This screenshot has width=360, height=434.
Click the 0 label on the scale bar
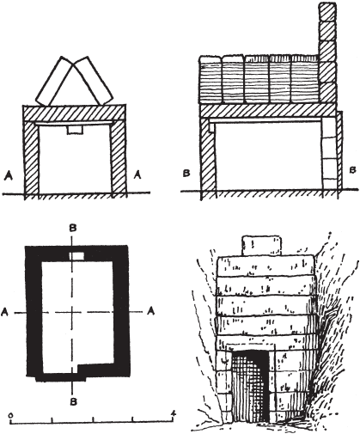coord(10,414)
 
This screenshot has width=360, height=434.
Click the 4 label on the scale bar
coord(173,413)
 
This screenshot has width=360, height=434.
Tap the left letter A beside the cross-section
coord(9,175)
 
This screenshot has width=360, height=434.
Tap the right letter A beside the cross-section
coord(137,174)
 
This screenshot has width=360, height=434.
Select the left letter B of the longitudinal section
coord(186,174)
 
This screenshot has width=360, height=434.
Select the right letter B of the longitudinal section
coord(353,170)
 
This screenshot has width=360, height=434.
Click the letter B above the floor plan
coord(73,228)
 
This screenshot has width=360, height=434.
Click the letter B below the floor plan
coord(74,402)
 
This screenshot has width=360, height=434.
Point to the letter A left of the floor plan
coord(4,312)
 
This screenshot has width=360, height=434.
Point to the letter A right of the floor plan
coord(151,310)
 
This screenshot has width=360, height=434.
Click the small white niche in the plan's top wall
coord(76,256)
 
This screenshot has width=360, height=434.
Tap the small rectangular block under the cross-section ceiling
coord(75,130)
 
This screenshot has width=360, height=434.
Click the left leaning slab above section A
coord(54,81)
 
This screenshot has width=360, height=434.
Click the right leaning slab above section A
coord(93,81)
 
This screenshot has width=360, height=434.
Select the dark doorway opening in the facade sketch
coord(250,386)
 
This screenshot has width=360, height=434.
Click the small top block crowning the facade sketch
coord(262,245)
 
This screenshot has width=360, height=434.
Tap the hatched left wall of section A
coord(31,158)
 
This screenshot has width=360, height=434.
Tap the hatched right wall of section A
coord(119,158)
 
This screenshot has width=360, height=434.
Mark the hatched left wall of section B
coord(208,158)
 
